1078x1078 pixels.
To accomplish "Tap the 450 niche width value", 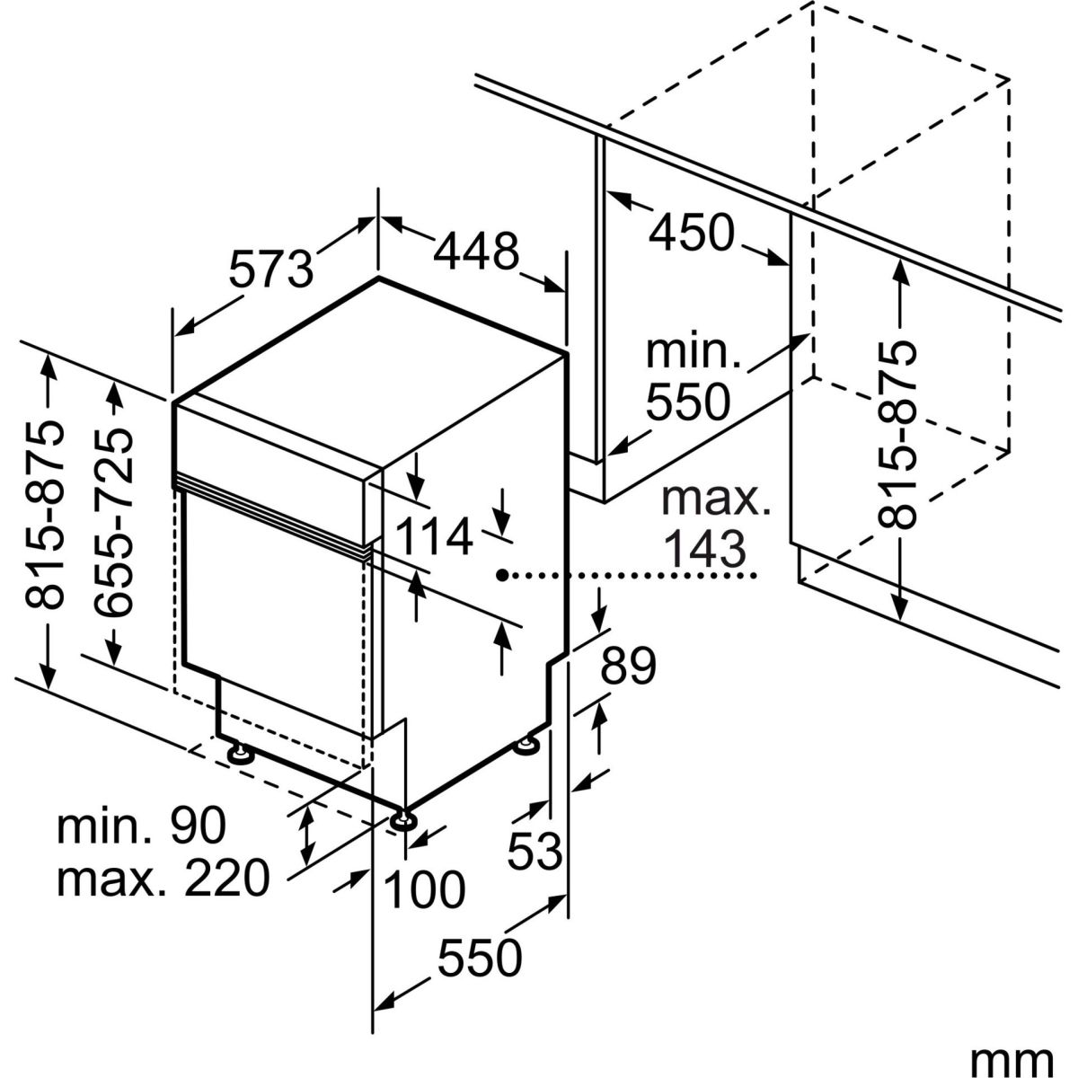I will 692,233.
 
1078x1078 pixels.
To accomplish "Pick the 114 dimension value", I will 434,538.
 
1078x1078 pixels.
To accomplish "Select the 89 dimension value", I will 628,666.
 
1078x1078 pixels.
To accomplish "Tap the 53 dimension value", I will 535,849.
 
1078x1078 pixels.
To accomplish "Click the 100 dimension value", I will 424,888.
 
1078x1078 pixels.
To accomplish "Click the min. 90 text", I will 141,826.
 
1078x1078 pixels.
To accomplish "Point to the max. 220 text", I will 163,878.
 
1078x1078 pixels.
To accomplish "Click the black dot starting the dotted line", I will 503,573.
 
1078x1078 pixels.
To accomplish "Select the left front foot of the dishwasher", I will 240,752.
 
